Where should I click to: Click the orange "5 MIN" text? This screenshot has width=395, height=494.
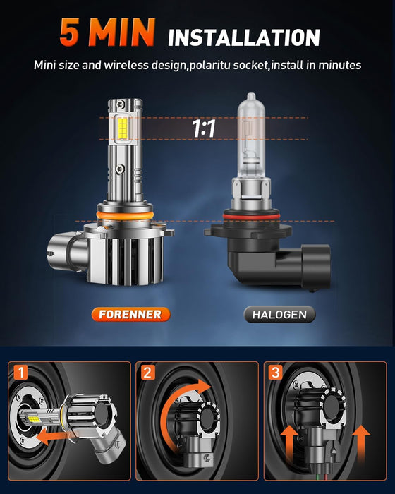(107, 32)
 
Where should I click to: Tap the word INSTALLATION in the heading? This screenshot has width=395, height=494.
(244, 37)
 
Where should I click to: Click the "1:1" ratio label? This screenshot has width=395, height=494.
(204, 129)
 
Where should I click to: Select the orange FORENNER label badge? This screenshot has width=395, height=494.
(130, 314)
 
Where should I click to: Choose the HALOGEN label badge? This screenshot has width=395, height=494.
(280, 314)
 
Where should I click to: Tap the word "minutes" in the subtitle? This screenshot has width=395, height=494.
(340, 65)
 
